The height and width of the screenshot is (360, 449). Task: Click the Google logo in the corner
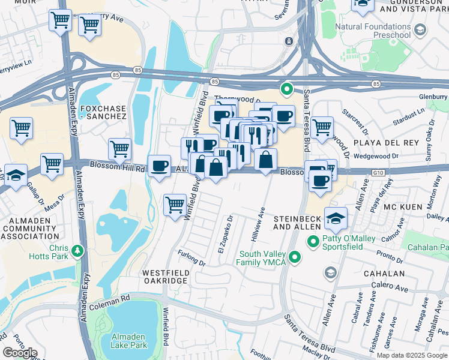click(x=19, y=353)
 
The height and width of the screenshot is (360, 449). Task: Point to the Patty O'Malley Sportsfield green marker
click(x=313, y=241)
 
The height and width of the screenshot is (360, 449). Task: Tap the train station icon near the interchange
click(x=289, y=41)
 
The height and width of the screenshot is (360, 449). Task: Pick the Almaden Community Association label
click(x=30, y=232)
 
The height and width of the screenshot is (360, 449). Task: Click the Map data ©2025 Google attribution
click(x=412, y=355)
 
